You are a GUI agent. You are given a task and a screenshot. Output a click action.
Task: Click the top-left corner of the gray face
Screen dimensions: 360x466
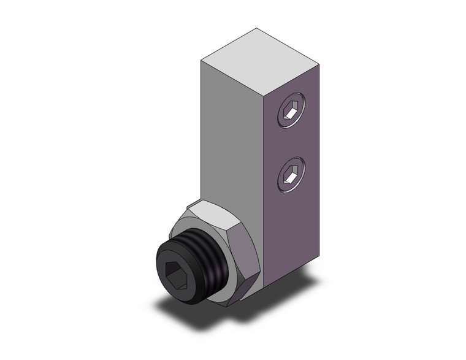click(202, 59)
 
